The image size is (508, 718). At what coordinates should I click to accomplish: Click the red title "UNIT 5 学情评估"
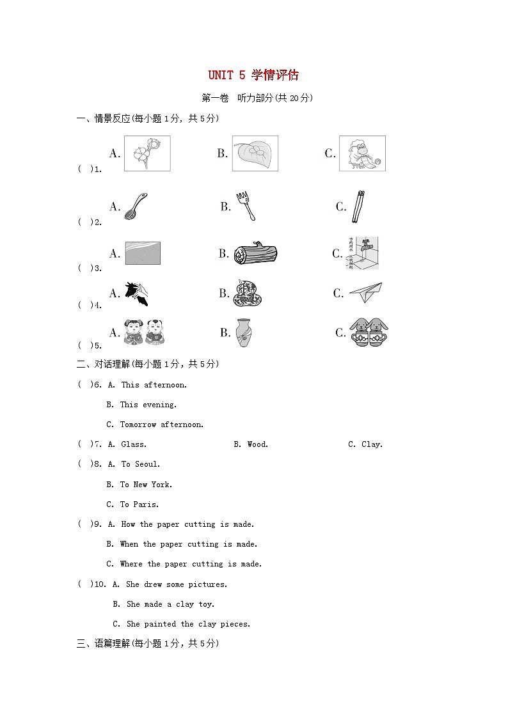point(253,75)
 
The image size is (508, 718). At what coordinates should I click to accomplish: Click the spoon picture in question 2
point(135,207)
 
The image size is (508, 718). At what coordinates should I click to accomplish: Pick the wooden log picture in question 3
point(255,254)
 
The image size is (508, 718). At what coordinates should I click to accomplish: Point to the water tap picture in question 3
point(362,253)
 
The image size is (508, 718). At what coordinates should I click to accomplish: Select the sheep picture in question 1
point(362,153)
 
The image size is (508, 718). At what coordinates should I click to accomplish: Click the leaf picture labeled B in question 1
point(255,153)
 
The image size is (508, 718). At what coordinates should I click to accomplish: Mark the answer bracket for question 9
point(84,524)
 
